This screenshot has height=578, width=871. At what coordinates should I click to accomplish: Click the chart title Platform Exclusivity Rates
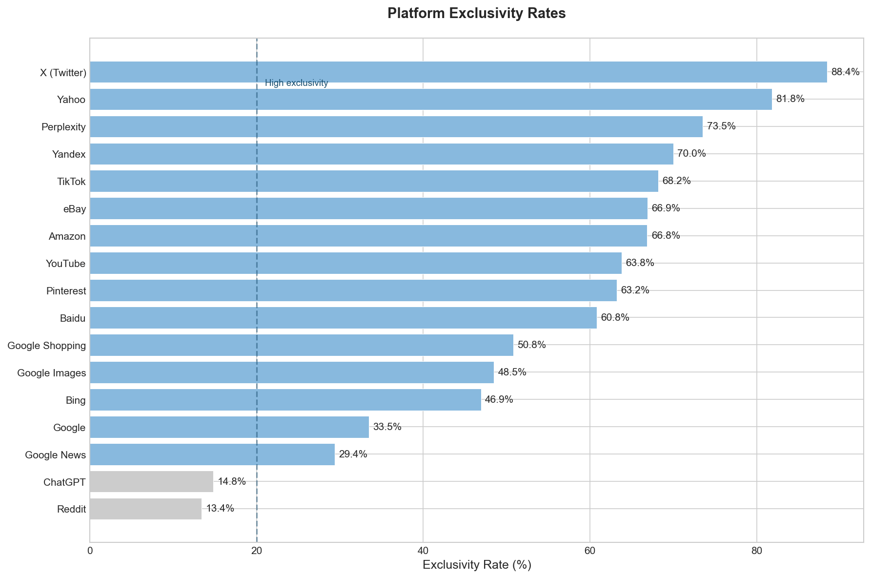tap(476, 13)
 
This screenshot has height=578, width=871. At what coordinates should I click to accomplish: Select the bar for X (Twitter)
tap(458, 72)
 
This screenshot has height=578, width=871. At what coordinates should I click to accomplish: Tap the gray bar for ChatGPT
tap(151, 482)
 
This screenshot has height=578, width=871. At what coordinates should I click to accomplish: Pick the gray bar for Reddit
tap(145, 509)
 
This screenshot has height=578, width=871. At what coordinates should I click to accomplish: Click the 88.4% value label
tap(845, 72)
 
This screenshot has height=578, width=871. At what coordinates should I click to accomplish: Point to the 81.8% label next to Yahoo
tap(790, 99)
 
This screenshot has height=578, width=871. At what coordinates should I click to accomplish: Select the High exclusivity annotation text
tap(296, 83)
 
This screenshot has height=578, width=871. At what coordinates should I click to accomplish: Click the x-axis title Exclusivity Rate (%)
tap(476, 565)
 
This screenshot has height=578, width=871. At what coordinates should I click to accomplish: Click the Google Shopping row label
tap(47, 346)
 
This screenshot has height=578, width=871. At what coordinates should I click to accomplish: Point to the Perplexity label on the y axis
tap(63, 127)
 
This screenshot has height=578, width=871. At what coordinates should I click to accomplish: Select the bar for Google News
tap(212, 454)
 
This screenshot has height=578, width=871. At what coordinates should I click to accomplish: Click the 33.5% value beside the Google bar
tap(387, 427)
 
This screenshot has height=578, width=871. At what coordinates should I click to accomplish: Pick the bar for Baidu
tap(343, 318)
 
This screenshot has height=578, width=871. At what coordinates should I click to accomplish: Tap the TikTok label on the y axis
tap(71, 182)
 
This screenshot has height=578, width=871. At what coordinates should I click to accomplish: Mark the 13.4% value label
tap(220, 509)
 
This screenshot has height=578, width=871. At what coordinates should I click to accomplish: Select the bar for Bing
tap(285, 400)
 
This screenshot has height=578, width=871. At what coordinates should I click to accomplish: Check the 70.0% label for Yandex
tap(691, 154)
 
